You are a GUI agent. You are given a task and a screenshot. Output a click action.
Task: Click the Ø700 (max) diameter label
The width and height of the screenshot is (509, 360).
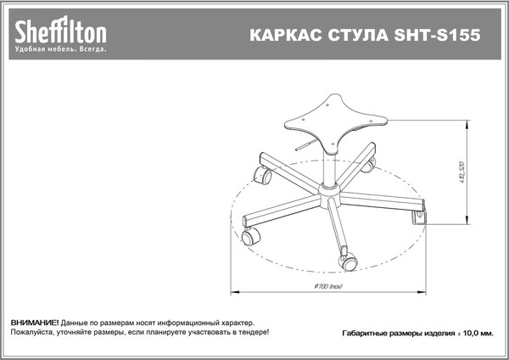click(x=327, y=285)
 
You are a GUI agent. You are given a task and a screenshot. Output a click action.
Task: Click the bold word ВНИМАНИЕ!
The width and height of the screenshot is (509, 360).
click(x=35, y=324)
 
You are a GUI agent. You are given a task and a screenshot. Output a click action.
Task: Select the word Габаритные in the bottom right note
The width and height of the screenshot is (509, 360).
click(x=365, y=334)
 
